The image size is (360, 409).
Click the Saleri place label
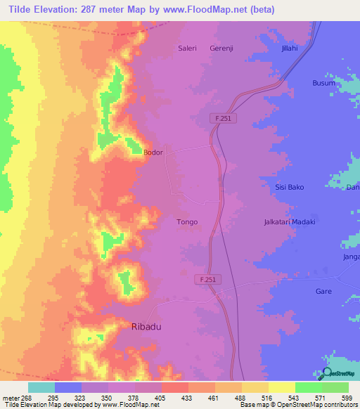(186, 48)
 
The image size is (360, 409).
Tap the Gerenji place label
(221, 48)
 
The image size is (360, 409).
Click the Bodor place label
(153, 152)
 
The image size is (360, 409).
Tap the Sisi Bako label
(289, 187)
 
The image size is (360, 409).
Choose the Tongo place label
(186, 221)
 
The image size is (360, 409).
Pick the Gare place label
(323, 290)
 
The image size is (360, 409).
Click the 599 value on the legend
(347, 397)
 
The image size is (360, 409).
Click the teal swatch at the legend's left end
(41, 387)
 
